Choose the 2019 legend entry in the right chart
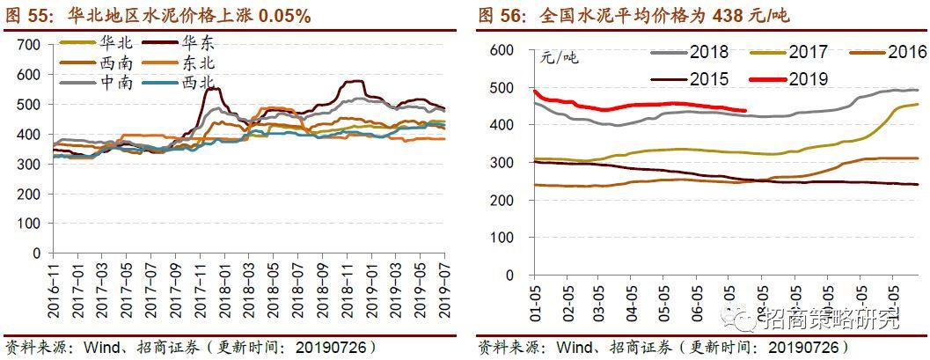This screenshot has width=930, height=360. (809, 79)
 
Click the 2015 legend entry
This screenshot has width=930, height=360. (708, 79)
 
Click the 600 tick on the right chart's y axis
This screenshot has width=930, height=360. (501, 51)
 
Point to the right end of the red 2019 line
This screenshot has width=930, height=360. (745, 110)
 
